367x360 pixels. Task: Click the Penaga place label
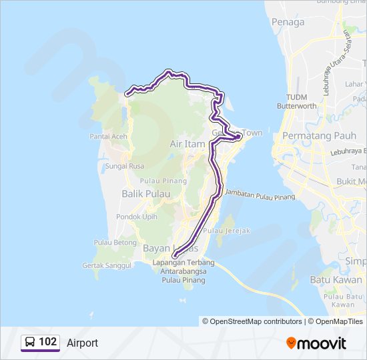(288, 22)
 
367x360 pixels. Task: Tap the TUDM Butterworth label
(297, 101)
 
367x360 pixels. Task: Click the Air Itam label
(188, 144)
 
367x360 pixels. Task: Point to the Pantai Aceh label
(109, 137)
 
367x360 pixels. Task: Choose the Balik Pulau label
(145, 194)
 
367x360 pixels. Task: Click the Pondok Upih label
(137, 217)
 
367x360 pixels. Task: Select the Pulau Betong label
(115, 243)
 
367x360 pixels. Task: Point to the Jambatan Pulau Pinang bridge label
(260, 195)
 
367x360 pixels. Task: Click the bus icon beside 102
(30, 343)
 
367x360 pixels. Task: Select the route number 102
(47, 342)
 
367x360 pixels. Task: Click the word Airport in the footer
(82, 343)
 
